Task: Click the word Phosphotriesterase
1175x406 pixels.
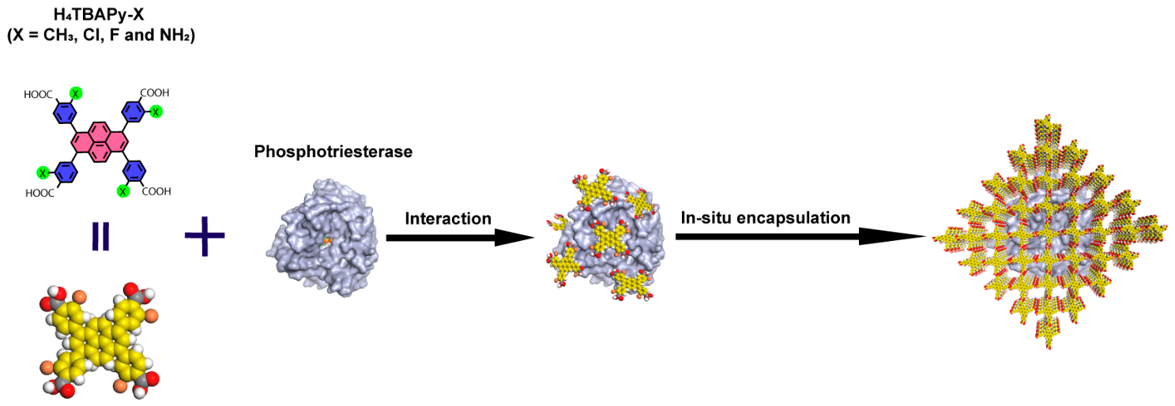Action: pyautogui.click(x=333, y=152)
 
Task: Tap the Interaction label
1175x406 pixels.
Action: pyautogui.click(x=448, y=218)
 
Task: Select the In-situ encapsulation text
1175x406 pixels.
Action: pyautogui.click(x=766, y=218)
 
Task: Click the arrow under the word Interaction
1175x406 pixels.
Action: pyautogui.click(x=460, y=238)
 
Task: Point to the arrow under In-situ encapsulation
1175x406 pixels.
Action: pyautogui.click(x=801, y=237)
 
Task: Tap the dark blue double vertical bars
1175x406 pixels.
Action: pyautogui.click(x=100, y=236)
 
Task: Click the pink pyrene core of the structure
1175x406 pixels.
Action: pyautogui.click(x=100, y=141)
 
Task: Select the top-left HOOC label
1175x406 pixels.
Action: pyautogui.click(x=38, y=95)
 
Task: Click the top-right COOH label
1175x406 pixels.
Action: pyautogui.click(x=155, y=93)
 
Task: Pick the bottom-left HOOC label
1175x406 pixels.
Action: pyautogui.click(x=40, y=194)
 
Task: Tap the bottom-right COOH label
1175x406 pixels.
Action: pyautogui.click(x=156, y=191)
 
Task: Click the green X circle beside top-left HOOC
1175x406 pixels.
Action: pyautogui.click(x=76, y=93)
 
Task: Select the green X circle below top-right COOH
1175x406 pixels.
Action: pyautogui.click(x=156, y=111)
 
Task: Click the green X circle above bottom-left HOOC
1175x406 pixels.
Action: pyautogui.click(x=43, y=173)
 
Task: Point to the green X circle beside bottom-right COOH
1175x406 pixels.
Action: pyautogui.click(x=123, y=191)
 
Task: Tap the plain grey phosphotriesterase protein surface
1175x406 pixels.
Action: pyautogui.click(x=322, y=237)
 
